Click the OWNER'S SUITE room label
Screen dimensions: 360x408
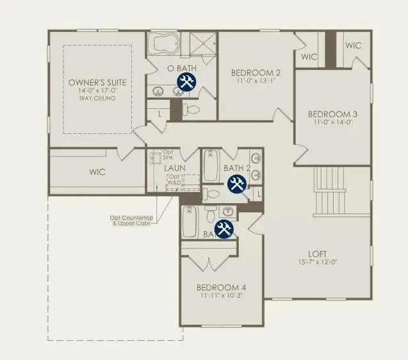[x=98, y=83]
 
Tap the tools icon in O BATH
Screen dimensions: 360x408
[x=186, y=81]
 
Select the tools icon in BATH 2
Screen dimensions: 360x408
[x=236, y=184]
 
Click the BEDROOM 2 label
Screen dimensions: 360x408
[x=256, y=72]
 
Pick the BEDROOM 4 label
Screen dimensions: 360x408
[x=222, y=286]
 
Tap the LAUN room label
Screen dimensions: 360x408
[x=174, y=168]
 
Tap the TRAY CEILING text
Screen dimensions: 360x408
[x=98, y=100]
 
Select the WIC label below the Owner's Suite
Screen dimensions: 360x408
[x=97, y=172]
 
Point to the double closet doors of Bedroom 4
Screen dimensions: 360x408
[x=209, y=263]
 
